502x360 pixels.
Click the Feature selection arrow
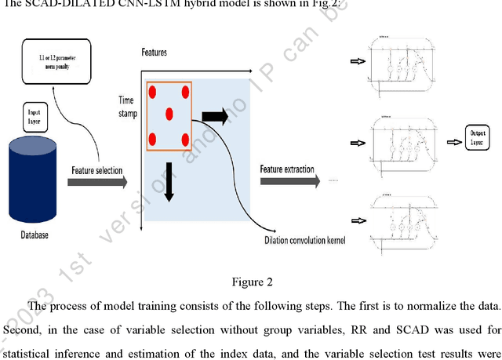(96, 182)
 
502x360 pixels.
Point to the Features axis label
(154, 53)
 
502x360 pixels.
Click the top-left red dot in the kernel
(154, 92)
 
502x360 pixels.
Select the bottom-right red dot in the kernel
(186, 139)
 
